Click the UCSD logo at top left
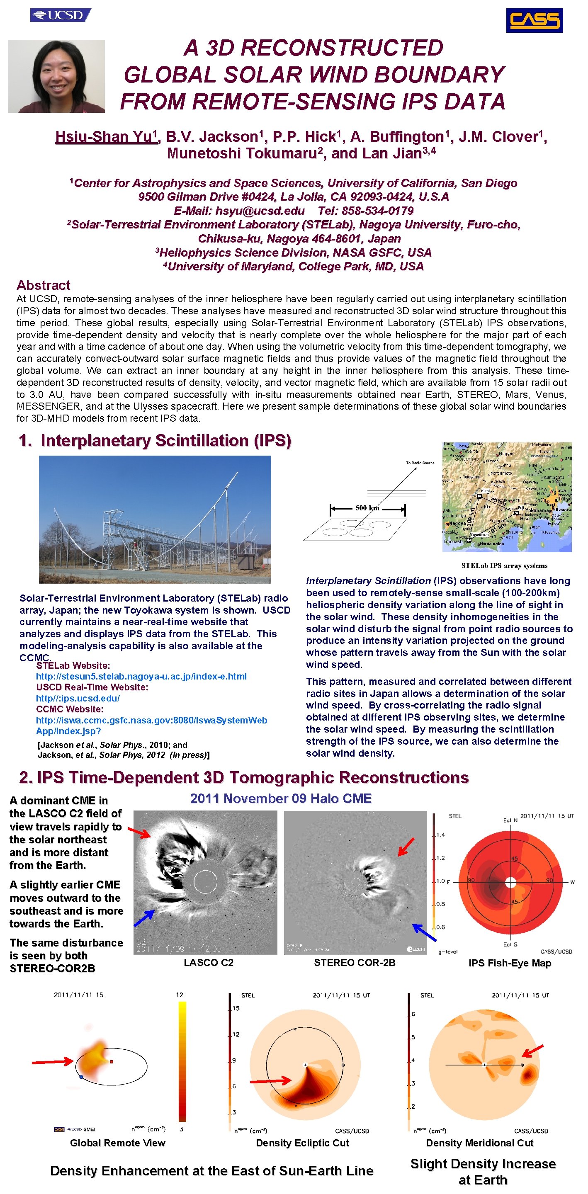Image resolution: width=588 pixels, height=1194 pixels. pyautogui.click(x=60, y=15)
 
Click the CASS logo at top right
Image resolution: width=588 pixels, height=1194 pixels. pyautogui.click(x=534, y=20)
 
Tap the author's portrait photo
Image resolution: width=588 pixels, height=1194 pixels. pyautogui.click(x=56, y=76)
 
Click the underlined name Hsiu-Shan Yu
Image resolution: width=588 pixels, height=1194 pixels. pyautogui.click(x=106, y=137)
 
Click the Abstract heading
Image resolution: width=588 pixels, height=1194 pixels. pyautogui.click(x=43, y=285)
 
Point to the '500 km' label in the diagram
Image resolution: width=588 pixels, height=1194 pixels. pyautogui.click(x=367, y=508)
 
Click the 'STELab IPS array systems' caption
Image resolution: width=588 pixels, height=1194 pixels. pyautogui.click(x=504, y=565)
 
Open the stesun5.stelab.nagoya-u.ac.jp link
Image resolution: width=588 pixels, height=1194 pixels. pyautogui.click(x=141, y=676)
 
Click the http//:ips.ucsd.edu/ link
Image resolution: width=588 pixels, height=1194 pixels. pyautogui.click(x=78, y=698)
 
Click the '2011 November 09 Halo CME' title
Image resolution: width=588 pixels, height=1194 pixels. pyautogui.click(x=281, y=798)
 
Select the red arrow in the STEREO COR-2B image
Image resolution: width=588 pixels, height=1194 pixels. pyautogui.click(x=406, y=846)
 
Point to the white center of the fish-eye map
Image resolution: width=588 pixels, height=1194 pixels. pyautogui.click(x=510, y=882)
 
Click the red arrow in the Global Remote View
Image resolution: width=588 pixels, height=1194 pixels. pyautogui.click(x=52, y=1061)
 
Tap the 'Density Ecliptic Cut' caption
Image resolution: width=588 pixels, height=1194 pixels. pyautogui.click(x=302, y=1143)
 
